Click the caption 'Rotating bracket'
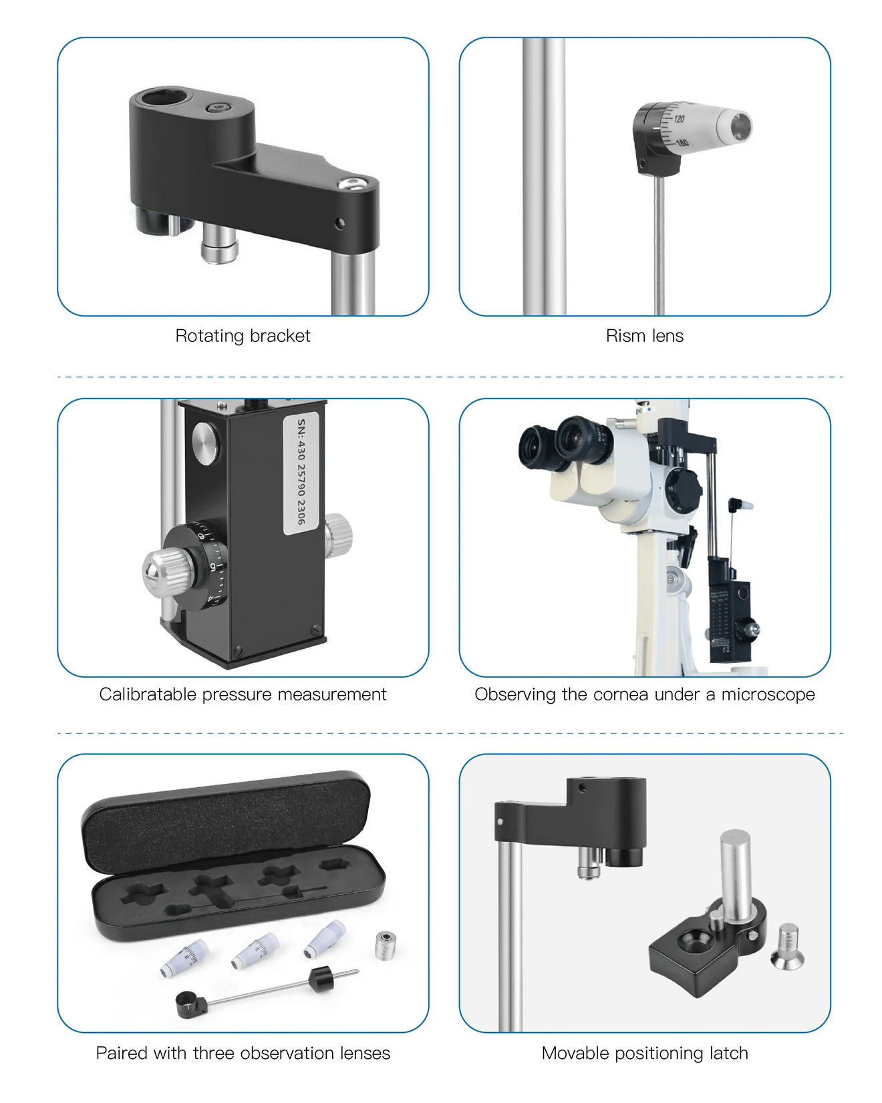[243, 335]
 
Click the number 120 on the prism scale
[679, 119]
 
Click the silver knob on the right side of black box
[339, 534]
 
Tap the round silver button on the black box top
[205, 443]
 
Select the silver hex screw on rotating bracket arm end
[351, 183]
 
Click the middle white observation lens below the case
[256, 950]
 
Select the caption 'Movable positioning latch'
[644, 1053]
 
